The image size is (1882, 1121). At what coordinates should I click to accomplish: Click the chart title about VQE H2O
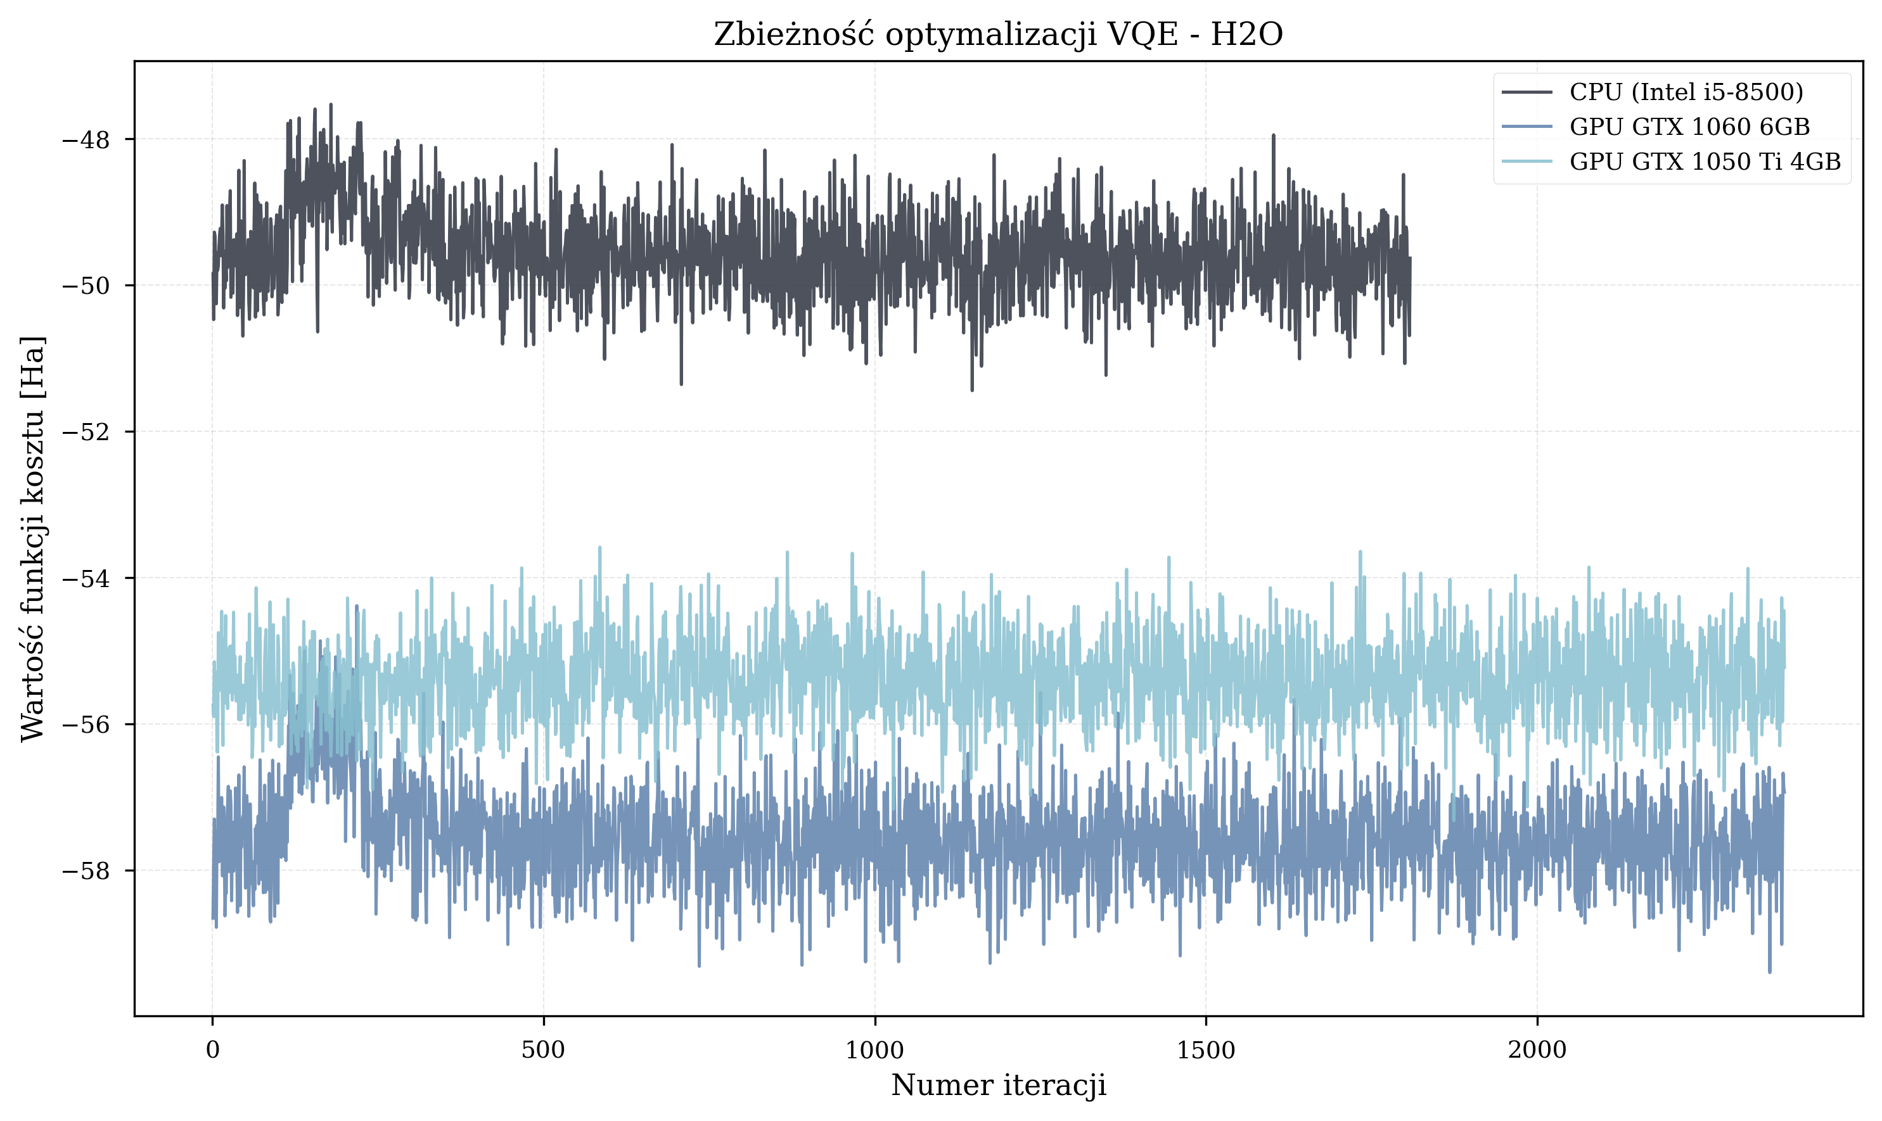pos(997,35)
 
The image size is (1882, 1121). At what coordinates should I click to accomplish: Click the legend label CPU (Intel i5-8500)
pos(1686,92)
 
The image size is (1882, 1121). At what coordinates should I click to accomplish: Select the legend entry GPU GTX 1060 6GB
pos(1689,127)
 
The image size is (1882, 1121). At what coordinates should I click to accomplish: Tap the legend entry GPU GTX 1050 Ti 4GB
pos(1705,161)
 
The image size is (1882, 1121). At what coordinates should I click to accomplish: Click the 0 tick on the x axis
pos(212,1051)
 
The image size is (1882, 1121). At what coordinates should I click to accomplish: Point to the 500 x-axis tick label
pos(544,1051)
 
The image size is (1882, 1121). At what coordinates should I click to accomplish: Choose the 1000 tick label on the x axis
pos(874,1051)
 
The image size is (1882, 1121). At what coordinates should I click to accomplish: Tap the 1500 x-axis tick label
pos(1205,1051)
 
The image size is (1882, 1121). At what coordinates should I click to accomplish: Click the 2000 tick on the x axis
pos(1537,1051)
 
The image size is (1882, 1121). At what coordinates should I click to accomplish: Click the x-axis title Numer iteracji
pos(997,1086)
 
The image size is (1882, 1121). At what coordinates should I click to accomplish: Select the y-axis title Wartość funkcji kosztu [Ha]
pos(33,538)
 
